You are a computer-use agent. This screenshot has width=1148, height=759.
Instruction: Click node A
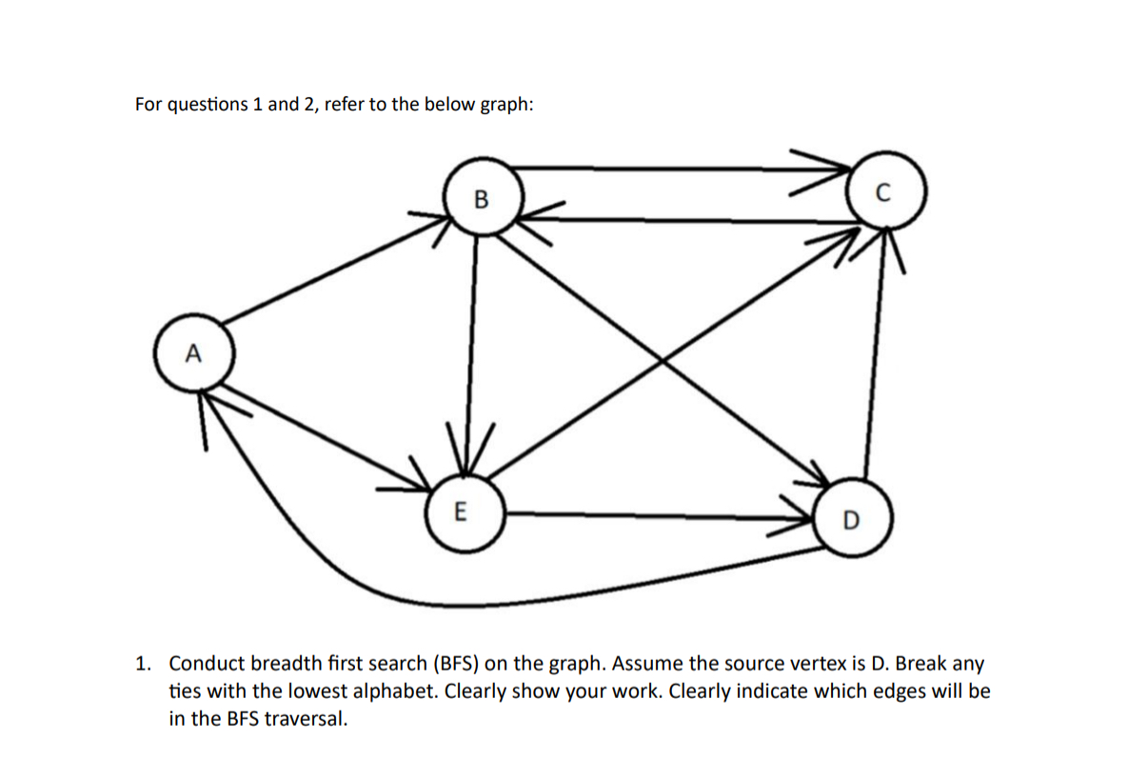tap(193, 356)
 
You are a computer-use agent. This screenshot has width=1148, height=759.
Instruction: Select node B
tap(481, 199)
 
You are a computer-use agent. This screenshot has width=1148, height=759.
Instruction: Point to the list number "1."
tap(144, 663)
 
